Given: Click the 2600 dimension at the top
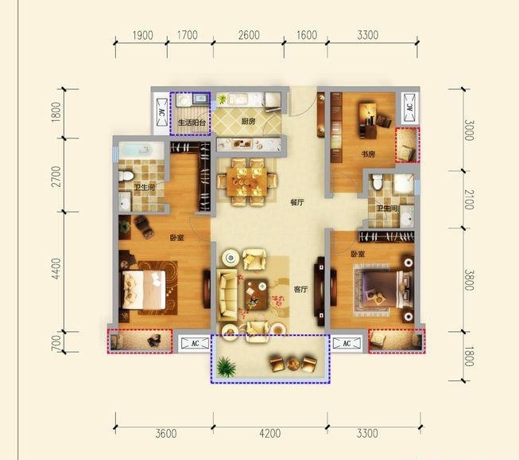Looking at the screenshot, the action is (x=249, y=35).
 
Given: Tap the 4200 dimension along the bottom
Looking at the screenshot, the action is (x=270, y=433).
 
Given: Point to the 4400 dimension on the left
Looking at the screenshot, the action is (x=56, y=268).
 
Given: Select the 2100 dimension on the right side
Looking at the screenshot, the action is (x=469, y=200).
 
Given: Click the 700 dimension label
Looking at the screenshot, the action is (x=56, y=342).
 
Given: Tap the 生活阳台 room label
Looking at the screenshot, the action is (x=192, y=123).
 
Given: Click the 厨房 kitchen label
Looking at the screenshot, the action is (x=248, y=122).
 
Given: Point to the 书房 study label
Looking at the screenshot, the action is (x=368, y=154).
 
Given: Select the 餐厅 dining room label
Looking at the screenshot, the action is (x=297, y=202).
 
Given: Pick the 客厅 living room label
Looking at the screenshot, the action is (x=300, y=290).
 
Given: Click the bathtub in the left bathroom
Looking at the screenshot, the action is (x=141, y=150).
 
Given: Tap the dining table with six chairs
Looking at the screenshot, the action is (x=246, y=182).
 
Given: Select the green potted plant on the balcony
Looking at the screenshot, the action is (x=227, y=367).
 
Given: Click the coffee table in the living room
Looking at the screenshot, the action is (x=256, y=294).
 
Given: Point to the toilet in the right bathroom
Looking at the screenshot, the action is (x=377, y=181).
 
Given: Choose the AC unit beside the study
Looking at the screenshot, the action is (x=410, y=107).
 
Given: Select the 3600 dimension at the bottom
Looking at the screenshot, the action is (x=166, y=433).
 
